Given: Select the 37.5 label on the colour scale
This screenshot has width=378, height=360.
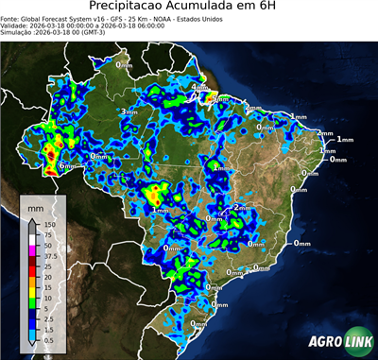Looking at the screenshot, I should (49, 254).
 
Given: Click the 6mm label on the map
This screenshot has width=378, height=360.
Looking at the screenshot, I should (67, 166).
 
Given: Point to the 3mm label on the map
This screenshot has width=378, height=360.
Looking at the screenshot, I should (129, 111).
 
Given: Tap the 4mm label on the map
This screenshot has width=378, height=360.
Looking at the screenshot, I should (200, 88).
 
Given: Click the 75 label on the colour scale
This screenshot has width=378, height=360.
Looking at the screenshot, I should (46, 234).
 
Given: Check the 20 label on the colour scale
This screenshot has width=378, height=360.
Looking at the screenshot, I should (46, 274).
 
